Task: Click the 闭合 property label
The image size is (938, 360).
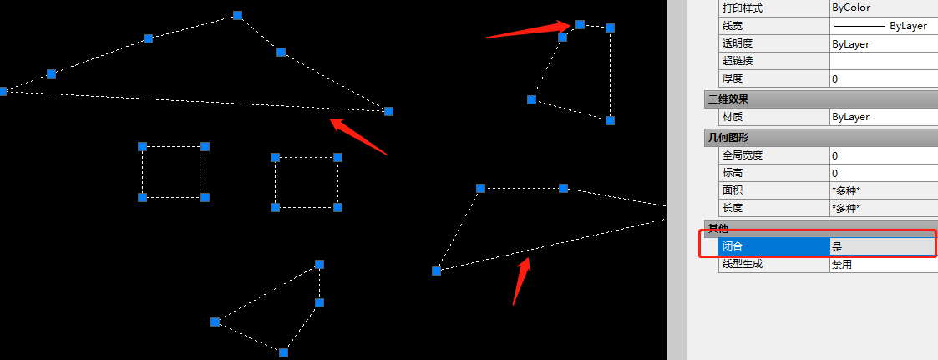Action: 732,246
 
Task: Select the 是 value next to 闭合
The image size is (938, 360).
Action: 837,246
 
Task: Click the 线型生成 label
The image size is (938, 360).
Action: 743,264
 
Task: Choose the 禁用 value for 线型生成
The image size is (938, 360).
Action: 842,264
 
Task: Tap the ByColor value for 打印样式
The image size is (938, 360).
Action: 851,8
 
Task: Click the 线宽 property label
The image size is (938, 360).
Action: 732,26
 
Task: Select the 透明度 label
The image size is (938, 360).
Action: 737,43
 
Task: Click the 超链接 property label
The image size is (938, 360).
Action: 737,61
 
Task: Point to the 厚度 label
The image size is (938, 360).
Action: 732,79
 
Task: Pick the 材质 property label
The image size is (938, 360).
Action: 732,117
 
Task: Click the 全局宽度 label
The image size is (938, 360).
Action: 743,155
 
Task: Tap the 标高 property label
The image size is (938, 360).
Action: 732,173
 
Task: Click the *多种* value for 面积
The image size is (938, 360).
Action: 846,190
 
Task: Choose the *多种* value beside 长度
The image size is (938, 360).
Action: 846,208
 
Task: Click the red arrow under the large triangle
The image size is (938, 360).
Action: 358,136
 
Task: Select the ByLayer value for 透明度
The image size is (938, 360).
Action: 850,43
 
